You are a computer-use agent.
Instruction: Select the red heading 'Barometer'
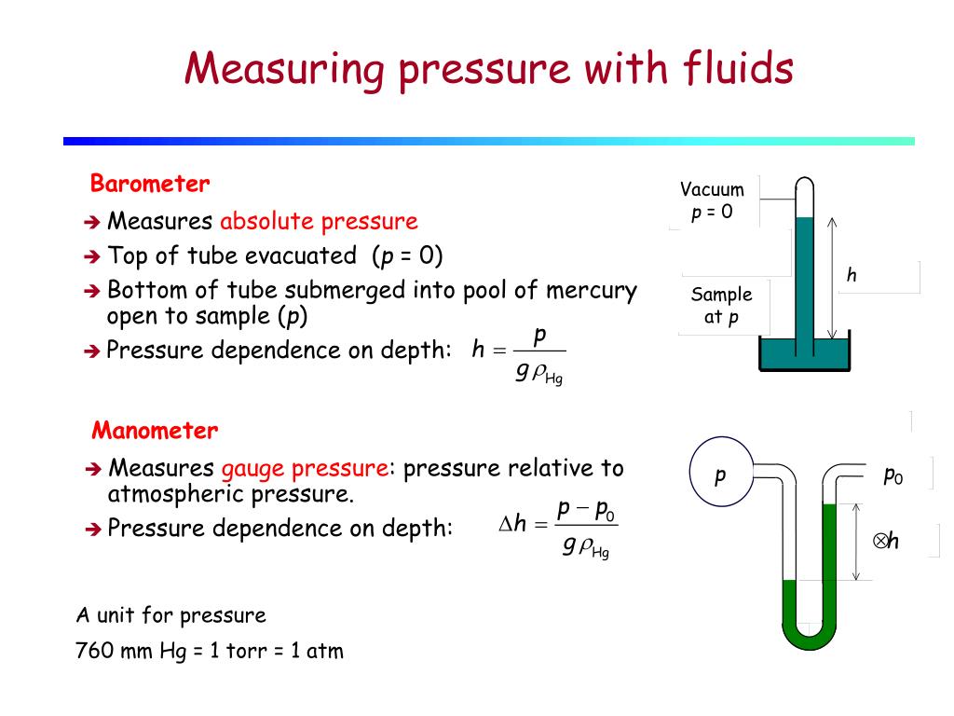tap(150, 184)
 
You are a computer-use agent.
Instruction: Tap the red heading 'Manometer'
tap(155, 431)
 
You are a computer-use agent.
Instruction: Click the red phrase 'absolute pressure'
tap(319, 221)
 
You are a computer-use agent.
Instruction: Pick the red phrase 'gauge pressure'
tap(305, 469)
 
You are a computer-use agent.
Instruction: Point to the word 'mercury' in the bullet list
tap(592, 291)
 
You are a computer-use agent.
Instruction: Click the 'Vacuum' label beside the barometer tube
tap(712, 189)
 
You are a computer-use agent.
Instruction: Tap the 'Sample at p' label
tap(722, 306)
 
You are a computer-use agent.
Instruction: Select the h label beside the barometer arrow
tap(852, 275)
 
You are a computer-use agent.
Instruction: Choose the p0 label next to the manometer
tap(893, 475)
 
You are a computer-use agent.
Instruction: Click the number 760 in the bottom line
tap(95, 650)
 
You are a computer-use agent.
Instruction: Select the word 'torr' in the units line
tap(246, 651)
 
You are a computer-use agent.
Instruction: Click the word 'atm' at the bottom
tap(325, 651)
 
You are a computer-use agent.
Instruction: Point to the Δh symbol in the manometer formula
tap(512, 524)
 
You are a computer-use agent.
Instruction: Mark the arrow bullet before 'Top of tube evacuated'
tap(92, 257)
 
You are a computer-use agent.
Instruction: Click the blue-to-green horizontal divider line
tap(488, 142)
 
